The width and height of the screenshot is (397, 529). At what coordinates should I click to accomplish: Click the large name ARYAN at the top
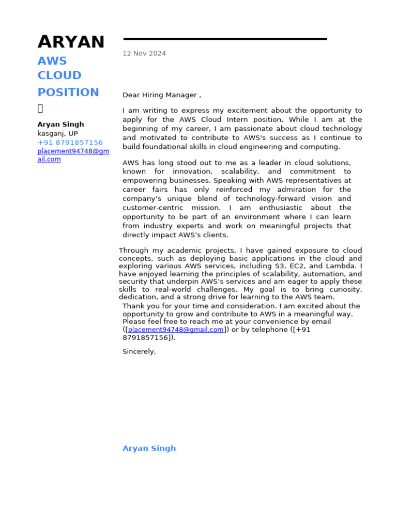71,42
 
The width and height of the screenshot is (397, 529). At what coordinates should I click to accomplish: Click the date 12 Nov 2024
144,53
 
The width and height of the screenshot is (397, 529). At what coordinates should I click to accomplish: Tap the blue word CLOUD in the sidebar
59,75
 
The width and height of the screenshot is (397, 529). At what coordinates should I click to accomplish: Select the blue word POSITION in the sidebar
68,92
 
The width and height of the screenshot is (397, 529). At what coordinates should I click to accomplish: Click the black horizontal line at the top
225,39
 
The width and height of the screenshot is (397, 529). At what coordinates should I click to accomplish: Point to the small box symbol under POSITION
40,108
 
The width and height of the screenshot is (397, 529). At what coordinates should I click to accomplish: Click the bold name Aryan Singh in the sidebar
60,125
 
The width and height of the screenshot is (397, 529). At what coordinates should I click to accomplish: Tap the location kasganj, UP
58,133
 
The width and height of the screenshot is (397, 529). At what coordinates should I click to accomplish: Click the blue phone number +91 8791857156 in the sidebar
70,143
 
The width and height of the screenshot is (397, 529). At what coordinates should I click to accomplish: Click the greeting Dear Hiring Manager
160,95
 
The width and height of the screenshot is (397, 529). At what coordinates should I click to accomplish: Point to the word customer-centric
153,208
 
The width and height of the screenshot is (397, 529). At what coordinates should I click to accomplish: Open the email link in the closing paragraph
176,330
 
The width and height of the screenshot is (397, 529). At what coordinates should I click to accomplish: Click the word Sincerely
139,352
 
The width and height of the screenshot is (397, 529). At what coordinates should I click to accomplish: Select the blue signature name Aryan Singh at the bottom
149,448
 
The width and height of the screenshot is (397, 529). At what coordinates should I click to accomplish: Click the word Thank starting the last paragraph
133,306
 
